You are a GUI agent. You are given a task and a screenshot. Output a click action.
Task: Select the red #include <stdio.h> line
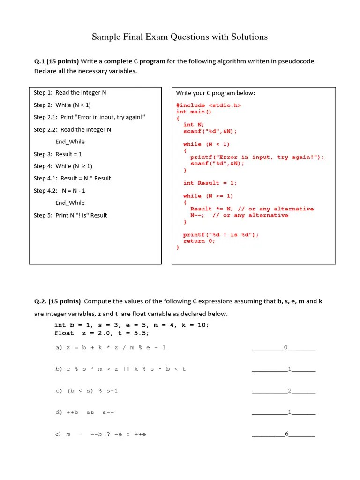tap(209, 105)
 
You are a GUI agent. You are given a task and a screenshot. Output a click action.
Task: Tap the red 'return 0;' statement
tap(199, 241)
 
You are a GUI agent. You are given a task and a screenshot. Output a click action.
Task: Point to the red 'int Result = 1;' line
tap(210, 183)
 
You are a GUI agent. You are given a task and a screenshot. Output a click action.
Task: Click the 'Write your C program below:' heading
tap(215, 93)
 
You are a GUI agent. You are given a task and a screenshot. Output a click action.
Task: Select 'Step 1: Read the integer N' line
tap(70, 92)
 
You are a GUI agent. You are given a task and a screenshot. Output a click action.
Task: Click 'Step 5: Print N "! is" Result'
tap(70, 215)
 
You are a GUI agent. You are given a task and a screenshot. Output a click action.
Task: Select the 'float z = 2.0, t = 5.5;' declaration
tap(102, 333)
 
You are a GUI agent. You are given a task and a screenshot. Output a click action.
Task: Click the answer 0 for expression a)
tap(285, 347)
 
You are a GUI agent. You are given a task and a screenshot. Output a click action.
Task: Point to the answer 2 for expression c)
tap(290, 390)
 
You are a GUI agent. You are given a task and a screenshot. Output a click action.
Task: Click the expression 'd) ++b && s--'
tap(85, 412)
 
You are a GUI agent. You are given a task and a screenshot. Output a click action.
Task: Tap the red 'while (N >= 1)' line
tap(208, 196)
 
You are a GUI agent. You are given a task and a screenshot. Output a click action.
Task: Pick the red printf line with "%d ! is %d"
tap(220, 234)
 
